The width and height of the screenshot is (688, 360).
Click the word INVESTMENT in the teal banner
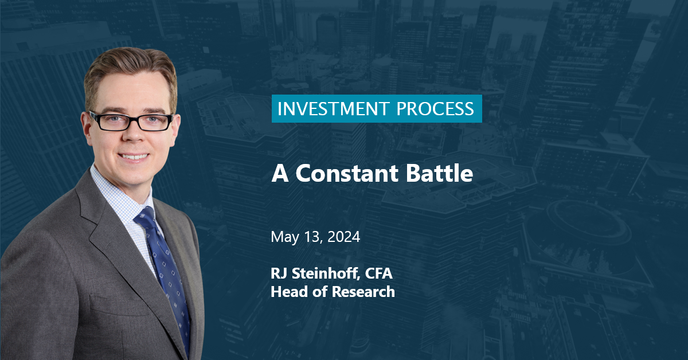click(x=333, y=109)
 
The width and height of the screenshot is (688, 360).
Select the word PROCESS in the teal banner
click(x=435, y=109)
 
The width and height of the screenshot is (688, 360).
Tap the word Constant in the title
click(x=347, y=173)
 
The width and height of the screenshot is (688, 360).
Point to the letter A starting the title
click(x=280, y=174)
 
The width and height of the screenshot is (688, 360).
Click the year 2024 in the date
click(x=343, y=237)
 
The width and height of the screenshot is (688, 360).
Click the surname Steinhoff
click(x=326, y=273)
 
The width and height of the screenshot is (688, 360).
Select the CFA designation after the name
click(x=379, y=273)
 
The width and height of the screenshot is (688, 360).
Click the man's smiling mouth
click(x=134, y=156)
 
